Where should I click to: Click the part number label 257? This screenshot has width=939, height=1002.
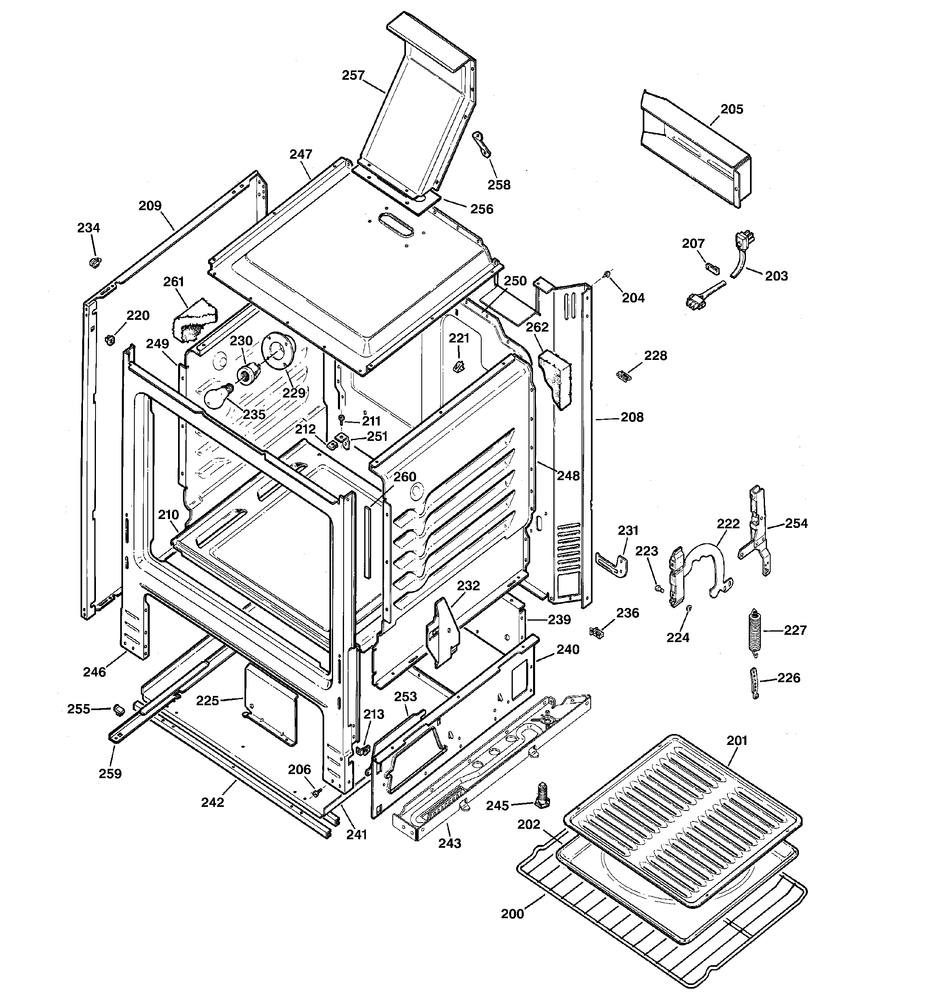(353, 76)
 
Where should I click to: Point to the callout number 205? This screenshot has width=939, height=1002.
(731, 109)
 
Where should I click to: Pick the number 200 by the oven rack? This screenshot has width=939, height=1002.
(512, 914)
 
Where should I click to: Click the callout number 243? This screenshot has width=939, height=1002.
(449, 843)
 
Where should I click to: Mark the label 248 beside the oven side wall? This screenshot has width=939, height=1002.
(568, 475)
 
